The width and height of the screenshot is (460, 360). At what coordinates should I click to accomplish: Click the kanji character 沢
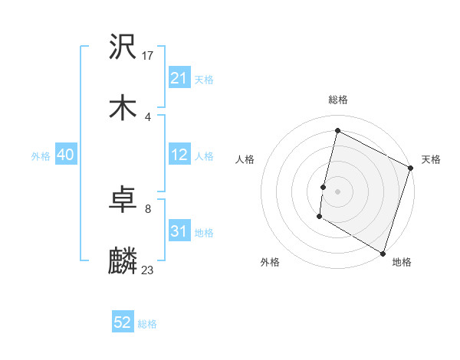(x=123, y=47)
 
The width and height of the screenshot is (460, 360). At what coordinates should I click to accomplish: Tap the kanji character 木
(x=123, y=107)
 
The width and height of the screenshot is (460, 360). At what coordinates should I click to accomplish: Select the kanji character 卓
(x=123, y=201)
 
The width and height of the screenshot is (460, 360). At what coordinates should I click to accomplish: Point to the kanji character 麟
(x=123, y=260)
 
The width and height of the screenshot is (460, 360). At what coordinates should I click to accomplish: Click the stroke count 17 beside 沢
(x=149, y=56)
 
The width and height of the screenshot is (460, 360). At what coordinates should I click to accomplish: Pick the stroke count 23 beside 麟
(x=148, y=270)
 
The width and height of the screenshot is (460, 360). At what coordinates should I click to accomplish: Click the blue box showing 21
(x=179, y=79)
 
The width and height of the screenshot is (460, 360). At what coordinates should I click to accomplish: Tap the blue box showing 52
(x=123, y=322)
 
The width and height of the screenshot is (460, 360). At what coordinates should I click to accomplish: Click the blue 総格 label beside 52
(x=147, y=324)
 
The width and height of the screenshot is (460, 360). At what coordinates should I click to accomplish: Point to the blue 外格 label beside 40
(x=41, y=156)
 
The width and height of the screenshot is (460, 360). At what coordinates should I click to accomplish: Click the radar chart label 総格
(x=338, y=100)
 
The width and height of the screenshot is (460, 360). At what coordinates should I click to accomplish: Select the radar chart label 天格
(x=431, y=159)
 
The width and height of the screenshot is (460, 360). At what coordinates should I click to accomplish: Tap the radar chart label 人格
(x=245, y=159)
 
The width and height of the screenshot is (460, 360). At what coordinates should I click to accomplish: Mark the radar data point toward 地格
(x=383, y=252)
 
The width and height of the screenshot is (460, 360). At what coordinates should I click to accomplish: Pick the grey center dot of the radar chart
(x=338, y=191)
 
